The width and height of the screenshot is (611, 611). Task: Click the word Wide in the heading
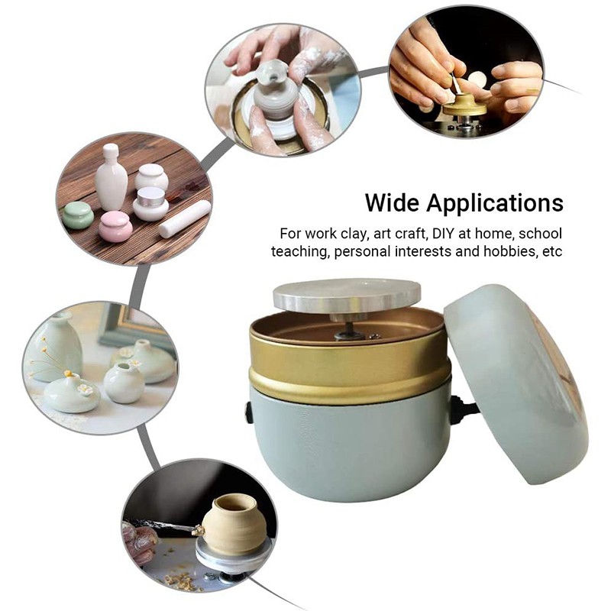pos(393,203)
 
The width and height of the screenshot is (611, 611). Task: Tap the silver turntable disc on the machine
pos(348,294)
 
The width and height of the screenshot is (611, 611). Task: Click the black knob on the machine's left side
pos(249,412)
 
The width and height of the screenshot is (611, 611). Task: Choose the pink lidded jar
pos(115,227)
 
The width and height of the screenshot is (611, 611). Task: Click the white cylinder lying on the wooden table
pos(183,218)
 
